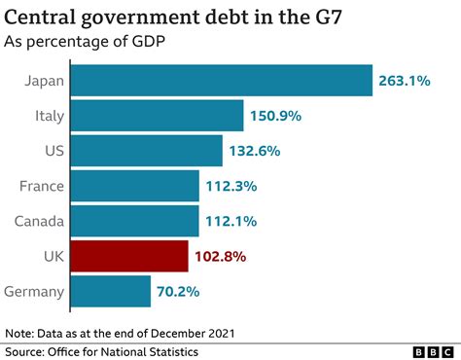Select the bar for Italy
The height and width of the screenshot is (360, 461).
click(158, 116)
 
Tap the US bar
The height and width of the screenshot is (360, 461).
click(148, 151)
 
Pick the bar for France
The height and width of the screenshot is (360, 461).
click(136, 186)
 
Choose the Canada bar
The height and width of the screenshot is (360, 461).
click(136, 221)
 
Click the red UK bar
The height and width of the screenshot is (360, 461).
click(130, 256)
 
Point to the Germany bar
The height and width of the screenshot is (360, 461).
click(112, 291)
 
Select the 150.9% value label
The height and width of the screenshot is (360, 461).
click(277, 116)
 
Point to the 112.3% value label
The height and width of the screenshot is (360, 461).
click(232, 186)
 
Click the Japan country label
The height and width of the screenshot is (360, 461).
click(43, 81)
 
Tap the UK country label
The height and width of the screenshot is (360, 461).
click(53, 256)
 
